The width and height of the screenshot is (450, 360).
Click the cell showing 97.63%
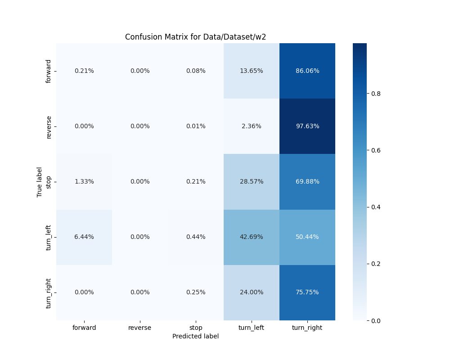(307, 126)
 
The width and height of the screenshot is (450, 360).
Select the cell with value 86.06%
(307, 71)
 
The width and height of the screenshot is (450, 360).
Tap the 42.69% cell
(252, 237)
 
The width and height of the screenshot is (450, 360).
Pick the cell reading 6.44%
(84, 237)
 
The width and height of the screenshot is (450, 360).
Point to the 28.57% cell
(252, 181)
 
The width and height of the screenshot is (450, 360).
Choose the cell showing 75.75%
(307, 292)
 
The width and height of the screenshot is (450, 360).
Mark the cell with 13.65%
(252, 71)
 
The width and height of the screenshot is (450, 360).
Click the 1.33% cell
(84, 181)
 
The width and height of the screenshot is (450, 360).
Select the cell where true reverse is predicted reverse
(140, 126)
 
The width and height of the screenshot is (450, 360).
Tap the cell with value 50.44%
(307, 237)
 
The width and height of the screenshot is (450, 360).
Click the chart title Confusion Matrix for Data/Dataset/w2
(195, 37)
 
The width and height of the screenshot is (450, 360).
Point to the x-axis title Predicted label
(195, 336)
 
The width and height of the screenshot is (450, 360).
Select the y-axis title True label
(40, 182)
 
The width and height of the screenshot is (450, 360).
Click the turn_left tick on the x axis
(252, 328)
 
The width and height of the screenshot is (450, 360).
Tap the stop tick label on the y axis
(49, 181)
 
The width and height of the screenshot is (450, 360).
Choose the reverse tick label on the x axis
(140, 328)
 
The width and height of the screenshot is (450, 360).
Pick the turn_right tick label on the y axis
(49, 292)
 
